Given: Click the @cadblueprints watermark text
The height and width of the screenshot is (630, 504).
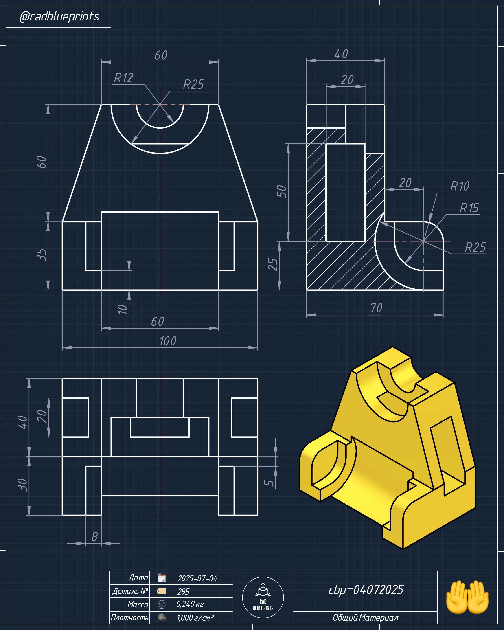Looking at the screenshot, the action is pyautogui.click(x=59, y=16).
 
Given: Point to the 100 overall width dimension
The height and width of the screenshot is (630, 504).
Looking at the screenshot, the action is pyautogui.click(x=168, y=341).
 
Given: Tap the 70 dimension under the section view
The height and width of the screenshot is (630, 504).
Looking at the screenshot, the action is pyautogui.click(x=376, y=308).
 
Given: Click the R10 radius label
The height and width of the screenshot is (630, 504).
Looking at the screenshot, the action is pyautogui.click(x=460, y=186).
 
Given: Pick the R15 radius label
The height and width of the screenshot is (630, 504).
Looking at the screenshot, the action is pyautogui.click(x=469, y=208).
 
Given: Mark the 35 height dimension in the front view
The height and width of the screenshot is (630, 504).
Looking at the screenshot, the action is pyautogui.click(x=42, y=255).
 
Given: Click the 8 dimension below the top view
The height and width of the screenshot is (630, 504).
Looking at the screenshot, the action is pyautogui.click(x=94, y=537).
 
